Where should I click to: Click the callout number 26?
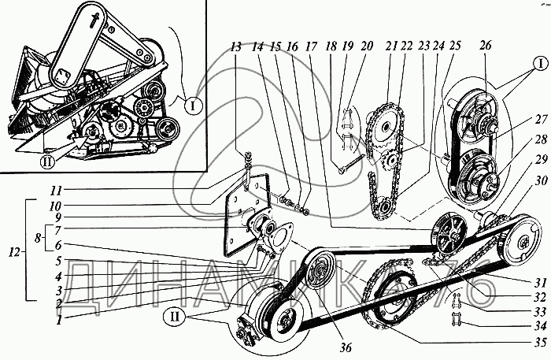coord(486,46)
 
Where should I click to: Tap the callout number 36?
coord(346,347)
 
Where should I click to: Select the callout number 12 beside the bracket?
coord(14,252)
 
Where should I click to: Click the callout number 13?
coord(236,46)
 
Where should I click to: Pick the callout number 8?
coord(39,238)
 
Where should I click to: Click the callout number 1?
coord(59,320)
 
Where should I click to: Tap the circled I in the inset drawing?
coord(193,106)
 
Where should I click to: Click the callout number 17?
coord(311,46)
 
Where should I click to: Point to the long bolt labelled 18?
coord(351,165)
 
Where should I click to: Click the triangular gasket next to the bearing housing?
coord(279,238)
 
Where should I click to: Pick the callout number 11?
coord(56,191)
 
